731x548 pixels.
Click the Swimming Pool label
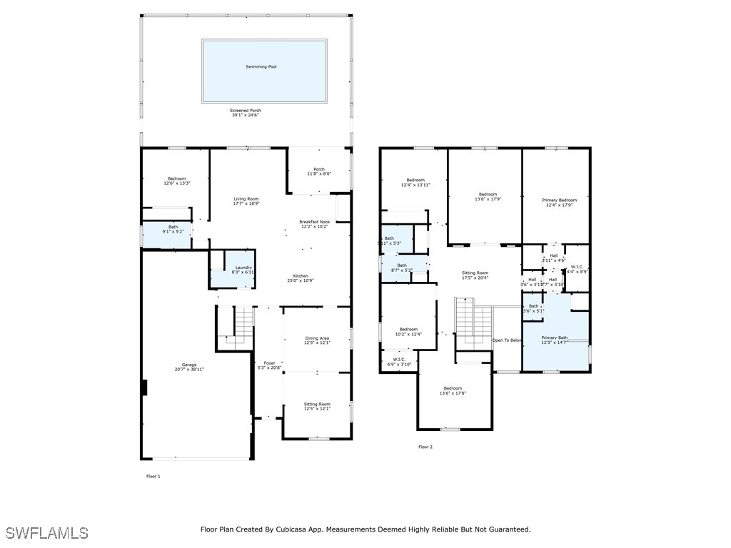point(261,66)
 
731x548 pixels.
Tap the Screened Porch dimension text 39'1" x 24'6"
point(246,116)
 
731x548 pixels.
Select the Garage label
point(188,365)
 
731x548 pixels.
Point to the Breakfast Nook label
point(314,222)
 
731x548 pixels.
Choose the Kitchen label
point(301,276)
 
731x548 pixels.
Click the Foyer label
point(269,363)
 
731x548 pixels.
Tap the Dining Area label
point(317,338)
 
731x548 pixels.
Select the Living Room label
point(246,199)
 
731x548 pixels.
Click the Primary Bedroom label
point(559,201)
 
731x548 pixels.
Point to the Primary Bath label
point(554,338)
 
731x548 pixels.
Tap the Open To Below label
point(507,340)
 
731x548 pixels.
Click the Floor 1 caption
point(153,476)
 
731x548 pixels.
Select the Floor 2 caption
point(425,447)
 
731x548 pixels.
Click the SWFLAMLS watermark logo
point(46,533)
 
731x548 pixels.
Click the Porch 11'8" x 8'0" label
point(319,171)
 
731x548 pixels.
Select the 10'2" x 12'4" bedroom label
point(408,332)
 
